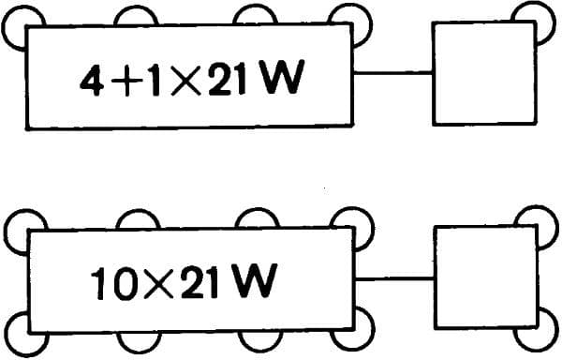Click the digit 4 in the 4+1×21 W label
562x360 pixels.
(x=91, y=81)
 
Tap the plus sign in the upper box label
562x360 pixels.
(x=123, y=82)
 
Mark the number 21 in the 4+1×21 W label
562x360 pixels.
(x=231, y=81)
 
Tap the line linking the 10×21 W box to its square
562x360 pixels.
(x=394, y=277)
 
